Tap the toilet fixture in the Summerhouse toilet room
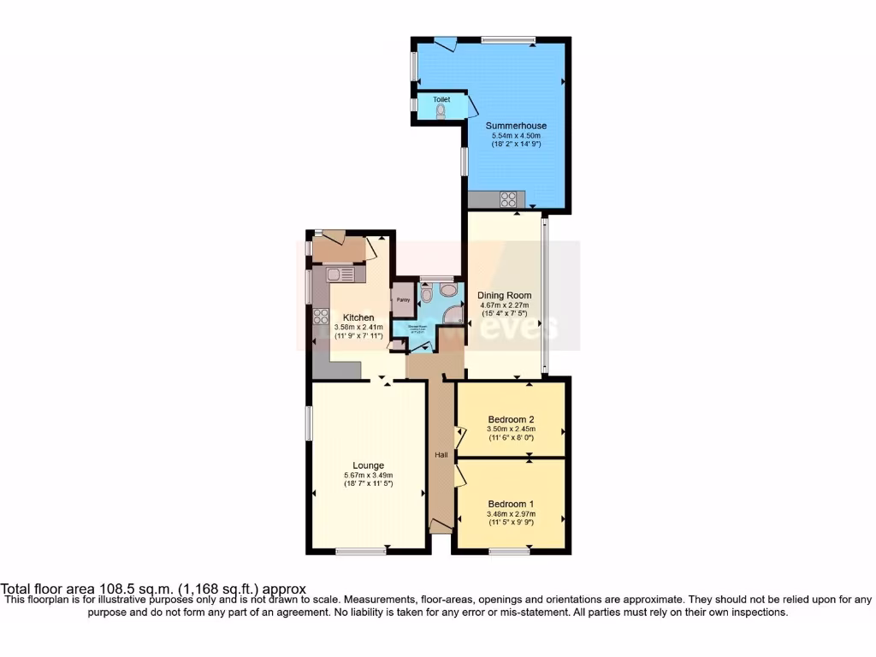tap(441, 110)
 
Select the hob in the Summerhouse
tap(508, 200)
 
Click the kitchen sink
tap(340, 274)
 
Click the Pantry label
tap(402, 300)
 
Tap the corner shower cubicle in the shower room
tap(454, 314)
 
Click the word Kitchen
tap(353, 317)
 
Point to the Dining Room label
tap(504, 295)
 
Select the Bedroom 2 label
tap(511, 418)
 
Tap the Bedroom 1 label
tap(511, 504)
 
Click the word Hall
tap(441, 455)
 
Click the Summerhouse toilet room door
tap(471, 105)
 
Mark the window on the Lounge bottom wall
tap(360, 552)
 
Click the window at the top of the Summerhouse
tap(507, 38)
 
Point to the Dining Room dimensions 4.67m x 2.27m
tap(504, 305)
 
